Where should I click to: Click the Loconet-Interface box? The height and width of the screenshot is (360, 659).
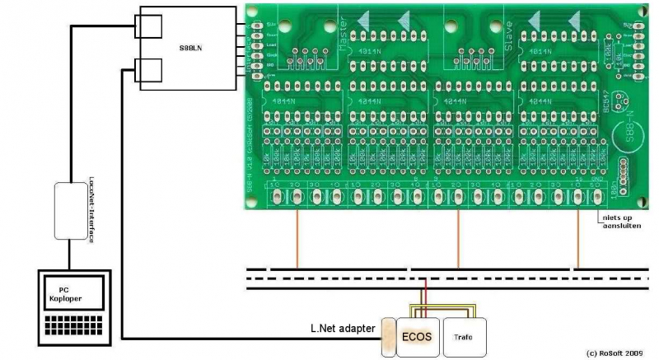click(72, 211)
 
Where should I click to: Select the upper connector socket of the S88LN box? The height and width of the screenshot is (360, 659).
click(150, 27)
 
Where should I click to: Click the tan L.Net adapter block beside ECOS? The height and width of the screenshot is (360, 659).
click(387, 336)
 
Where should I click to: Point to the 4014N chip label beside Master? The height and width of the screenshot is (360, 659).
click(367, 51)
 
